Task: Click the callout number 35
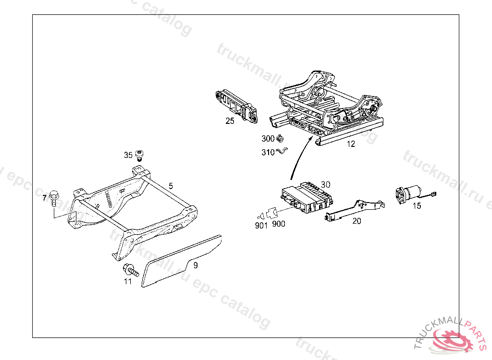tap(128, 155)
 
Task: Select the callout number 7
tap(45, 198)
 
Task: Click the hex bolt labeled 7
tap(54, 197)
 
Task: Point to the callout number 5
tap(170, 185)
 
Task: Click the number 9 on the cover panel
tap(196, 264)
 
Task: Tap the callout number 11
tap(128, 282)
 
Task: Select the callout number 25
tap(230, 121)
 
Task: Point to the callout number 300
tap(268, 139)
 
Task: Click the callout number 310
tap(268, 152)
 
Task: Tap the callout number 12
tap(351, 144)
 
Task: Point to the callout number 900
tap(278, 224)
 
